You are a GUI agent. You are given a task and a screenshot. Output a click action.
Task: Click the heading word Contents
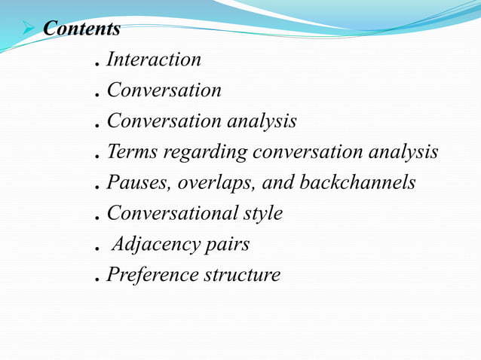(82, 29)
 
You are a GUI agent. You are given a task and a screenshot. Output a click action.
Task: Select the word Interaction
(154, 59)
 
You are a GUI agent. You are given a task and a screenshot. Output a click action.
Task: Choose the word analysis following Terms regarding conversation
(403, 153)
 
